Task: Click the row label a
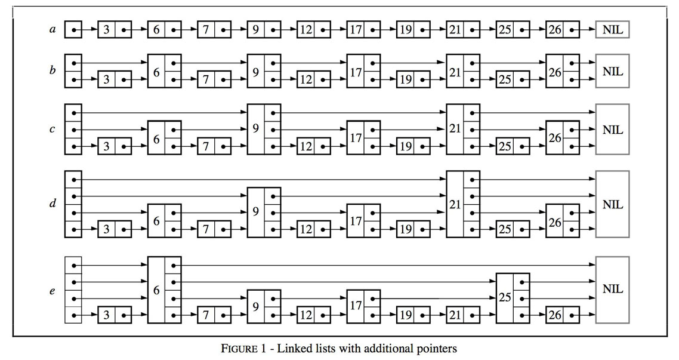[x=53, y=29]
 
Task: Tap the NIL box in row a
[x=612, y=29]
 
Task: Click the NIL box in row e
[x=612, y=289]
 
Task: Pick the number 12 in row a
[x=305, y=29]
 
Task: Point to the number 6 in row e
[x=156, y=290]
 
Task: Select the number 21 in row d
[x=455, y=204]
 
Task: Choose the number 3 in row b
[x=106, y=79]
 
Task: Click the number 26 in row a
[x=554, y=29]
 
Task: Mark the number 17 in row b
[x=356, y=72]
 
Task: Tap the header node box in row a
[x=73, y=29]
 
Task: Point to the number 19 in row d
[x=405, y=229]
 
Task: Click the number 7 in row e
[x=206, y=315]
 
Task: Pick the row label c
[x=53, y=130]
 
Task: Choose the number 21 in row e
[x=455, y=315]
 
